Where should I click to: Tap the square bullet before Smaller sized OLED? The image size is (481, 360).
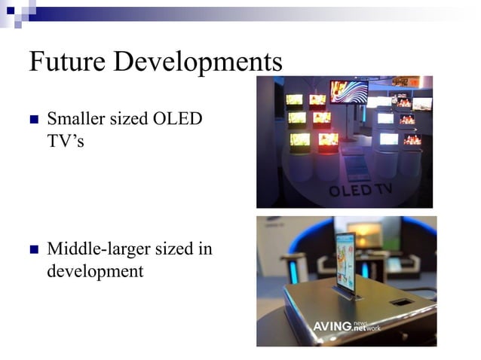pyautogui.click(x=33, y=120)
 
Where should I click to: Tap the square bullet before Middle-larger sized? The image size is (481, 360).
pyautogui.click(x=33, y=249)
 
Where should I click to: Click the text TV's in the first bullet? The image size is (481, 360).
pyautogui.click(x=65, y=140)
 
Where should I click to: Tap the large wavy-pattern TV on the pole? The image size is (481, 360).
pyautogui.click(x=348, y=92)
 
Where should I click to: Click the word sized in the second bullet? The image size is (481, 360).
pyautogui.click(x=170, y=249)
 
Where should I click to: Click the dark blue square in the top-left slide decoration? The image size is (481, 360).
pyautogui.click(x=11, y=11)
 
